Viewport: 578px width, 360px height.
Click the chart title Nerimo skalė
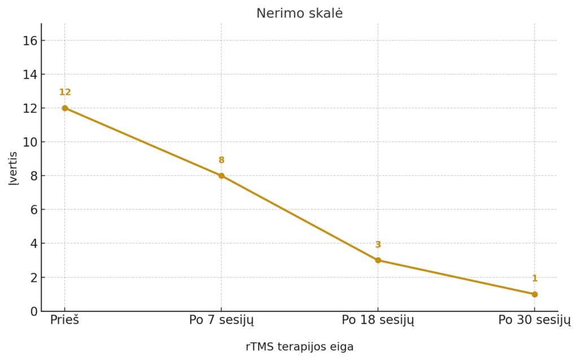tap(299, 14)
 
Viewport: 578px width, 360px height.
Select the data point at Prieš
tap(65, 108)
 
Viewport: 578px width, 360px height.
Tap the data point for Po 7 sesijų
tap(221, 175)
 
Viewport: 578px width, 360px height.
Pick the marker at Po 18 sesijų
tap(378, 260)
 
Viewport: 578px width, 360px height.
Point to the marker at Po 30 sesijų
tap(535, 294)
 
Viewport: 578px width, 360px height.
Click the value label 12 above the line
tap(65, 92)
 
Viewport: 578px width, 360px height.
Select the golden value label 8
tap(221, 160)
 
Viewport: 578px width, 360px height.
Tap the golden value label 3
tap(378, 244)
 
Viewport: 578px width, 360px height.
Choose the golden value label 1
tap(535, 278)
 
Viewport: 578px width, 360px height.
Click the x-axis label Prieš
tap(65, 320)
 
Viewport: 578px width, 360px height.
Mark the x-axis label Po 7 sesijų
tap(221, 320)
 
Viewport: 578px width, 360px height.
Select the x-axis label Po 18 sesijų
tap(378, 320)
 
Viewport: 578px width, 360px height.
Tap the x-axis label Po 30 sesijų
tap(535, 320)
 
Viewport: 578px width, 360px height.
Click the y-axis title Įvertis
tap(13, 168)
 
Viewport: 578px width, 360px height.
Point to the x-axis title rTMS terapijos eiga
tap(299, 346)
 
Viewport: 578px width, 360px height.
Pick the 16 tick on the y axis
tap(30, 41)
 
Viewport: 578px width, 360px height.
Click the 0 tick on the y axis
tap(34, 311)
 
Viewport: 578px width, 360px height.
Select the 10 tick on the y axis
tap(30, 142)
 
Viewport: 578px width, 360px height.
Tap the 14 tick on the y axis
tap(30, 74)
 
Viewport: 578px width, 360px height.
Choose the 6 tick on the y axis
tap(34, 210)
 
